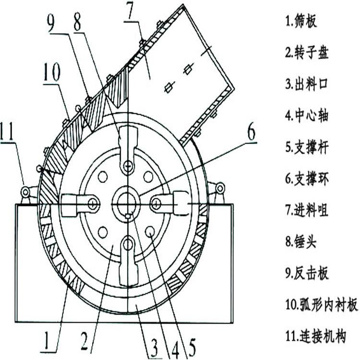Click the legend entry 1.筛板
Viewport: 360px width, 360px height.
[301, 22]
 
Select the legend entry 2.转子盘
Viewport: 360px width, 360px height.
[307, 53]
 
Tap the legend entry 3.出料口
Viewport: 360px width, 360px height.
[307, 84]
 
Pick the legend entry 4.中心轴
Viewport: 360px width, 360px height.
[307, 116]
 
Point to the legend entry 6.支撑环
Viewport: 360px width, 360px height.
[307, 179]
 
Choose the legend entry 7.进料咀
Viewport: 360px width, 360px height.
[307, 210]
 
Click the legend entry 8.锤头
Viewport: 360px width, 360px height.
[301, 241]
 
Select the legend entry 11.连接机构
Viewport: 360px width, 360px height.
[315, 336]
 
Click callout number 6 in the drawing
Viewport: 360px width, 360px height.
[251, 133]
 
